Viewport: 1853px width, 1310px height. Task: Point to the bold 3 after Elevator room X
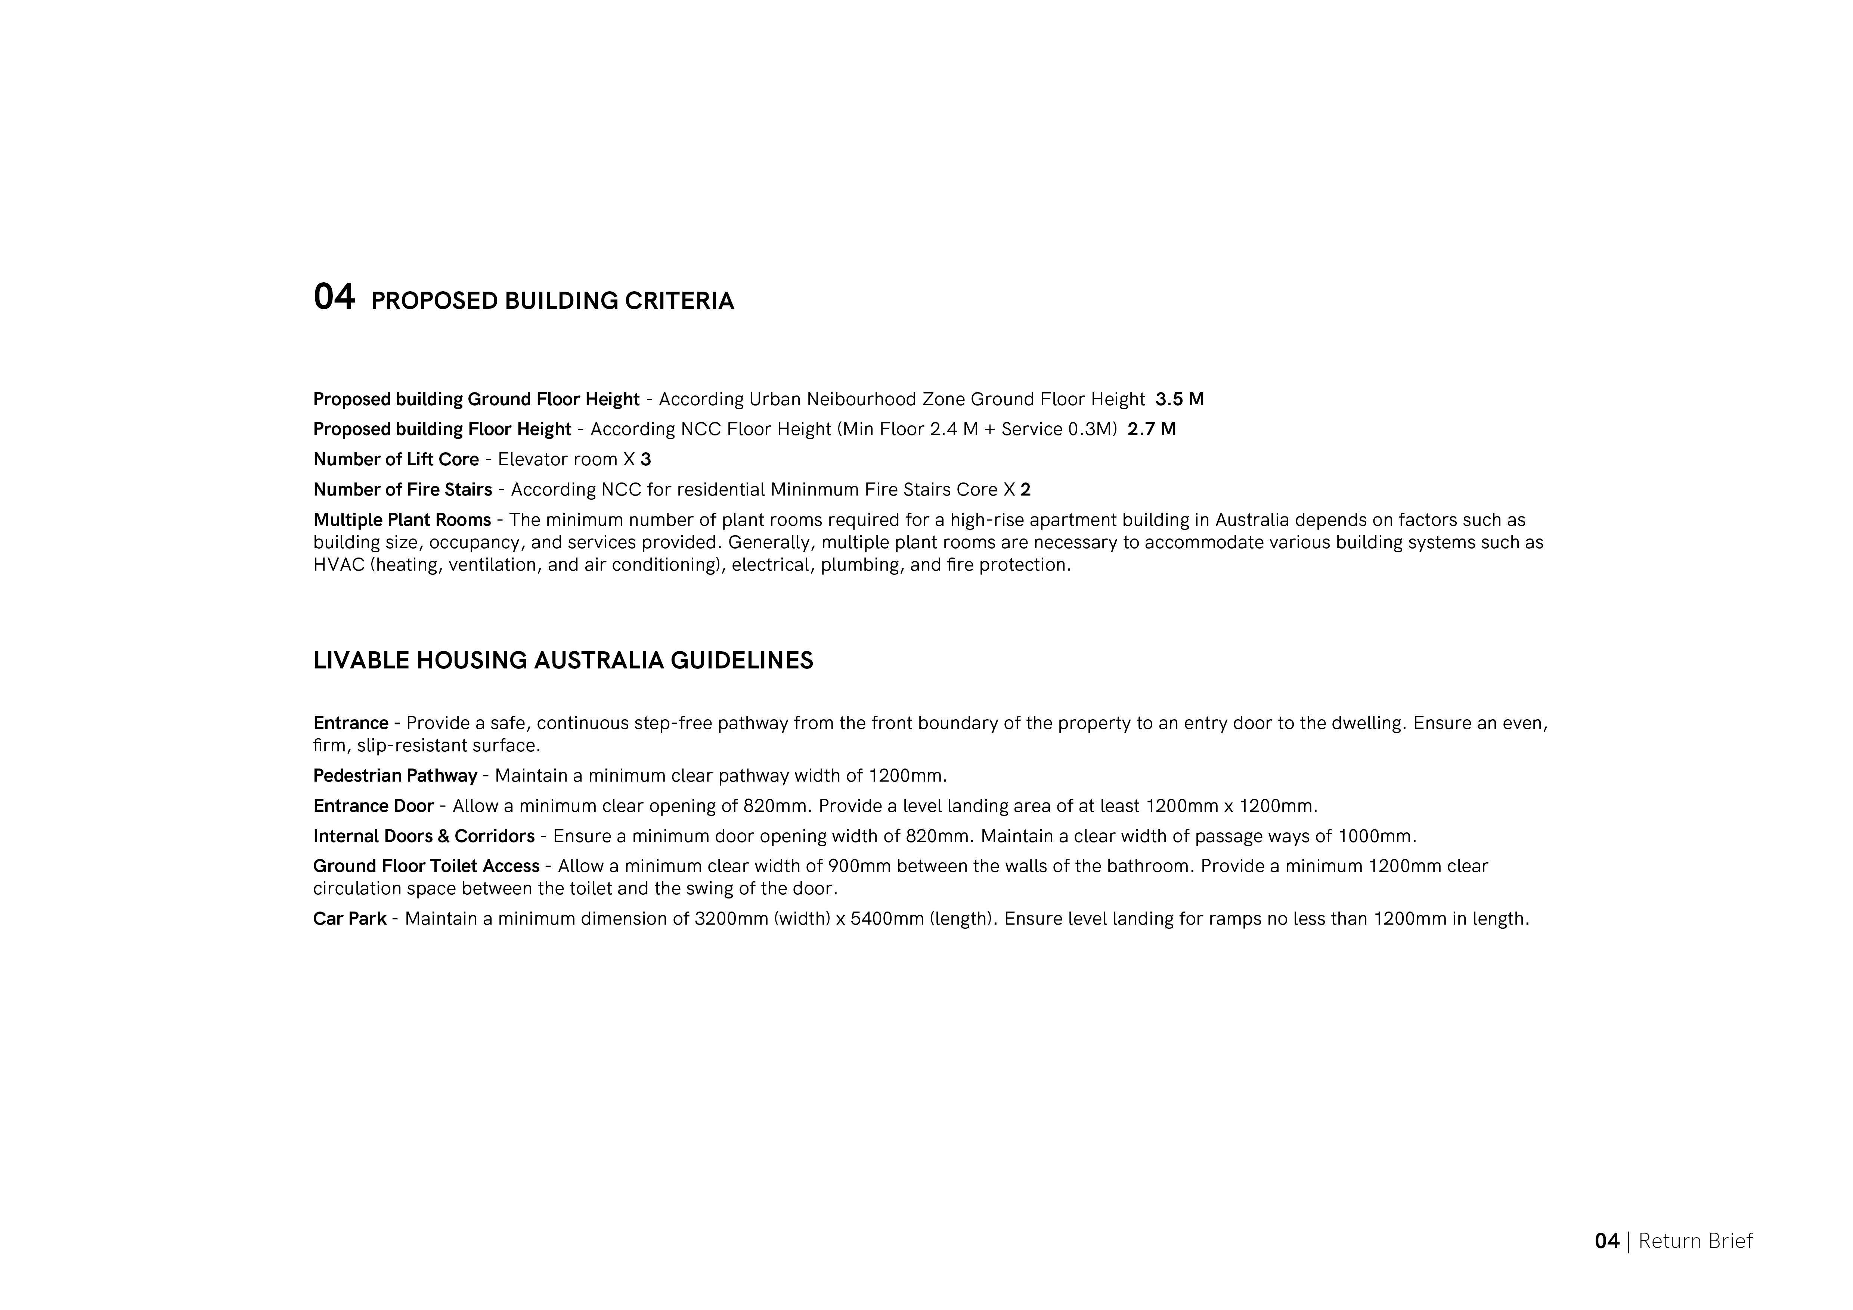(x=646, y=460)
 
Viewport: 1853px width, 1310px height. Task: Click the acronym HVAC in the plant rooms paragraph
(x=339, y=565)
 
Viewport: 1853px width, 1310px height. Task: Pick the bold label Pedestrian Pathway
(x=395, y=776)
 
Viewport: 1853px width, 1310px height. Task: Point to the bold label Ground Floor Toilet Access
(x=426, y=866)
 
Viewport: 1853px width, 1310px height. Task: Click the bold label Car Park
(x=350, y=919)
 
